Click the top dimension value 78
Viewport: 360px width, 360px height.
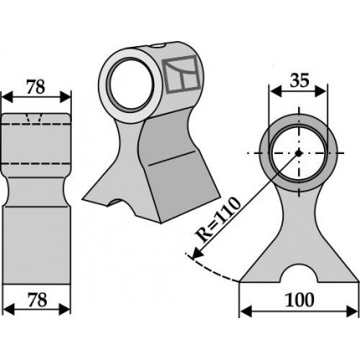36,87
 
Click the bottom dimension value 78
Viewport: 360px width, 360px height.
38,301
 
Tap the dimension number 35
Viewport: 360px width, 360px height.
300,80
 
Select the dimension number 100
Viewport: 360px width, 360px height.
300,300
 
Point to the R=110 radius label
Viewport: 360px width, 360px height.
219,219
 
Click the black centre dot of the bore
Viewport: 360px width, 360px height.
299,153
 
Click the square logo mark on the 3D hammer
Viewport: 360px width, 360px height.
182,74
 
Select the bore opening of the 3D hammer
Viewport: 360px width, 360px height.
130,85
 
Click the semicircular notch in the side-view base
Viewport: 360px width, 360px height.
299,273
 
